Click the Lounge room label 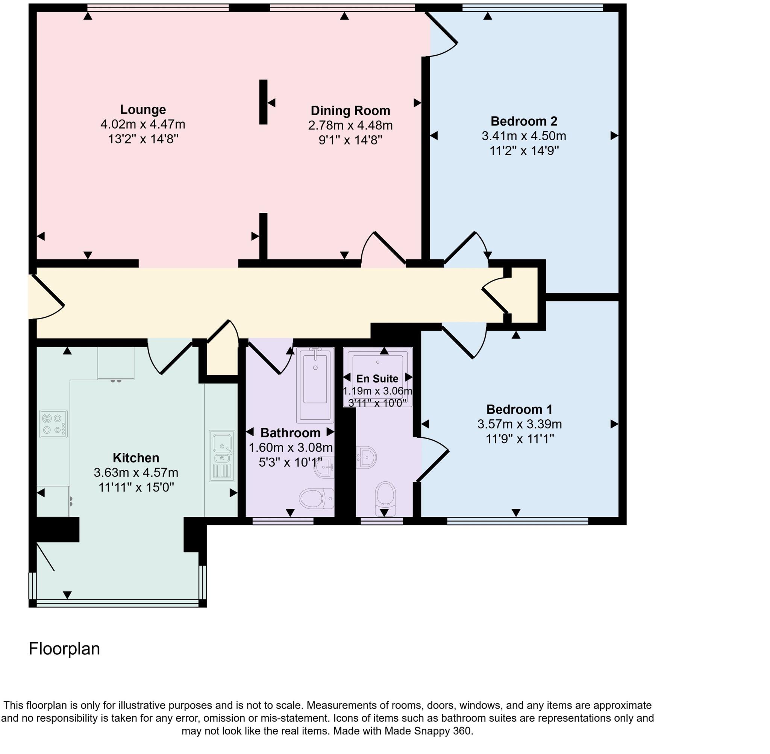pos(142,109)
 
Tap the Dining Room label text pos(350,111)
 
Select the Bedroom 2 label pos(523,121)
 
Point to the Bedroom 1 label pos(519,409)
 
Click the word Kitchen pos(136,458)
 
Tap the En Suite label pos(377,379)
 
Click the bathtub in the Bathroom pos(315,385)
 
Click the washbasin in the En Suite pos(367,457)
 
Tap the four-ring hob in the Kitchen pos(53,424)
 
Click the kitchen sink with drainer pos(222,455)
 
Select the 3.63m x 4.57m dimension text pos(136,472)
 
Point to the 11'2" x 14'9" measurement pos(524,151)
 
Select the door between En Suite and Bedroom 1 pos(432,460)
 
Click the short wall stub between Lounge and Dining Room pos(263,102)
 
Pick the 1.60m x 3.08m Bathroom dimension pos(290,448)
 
